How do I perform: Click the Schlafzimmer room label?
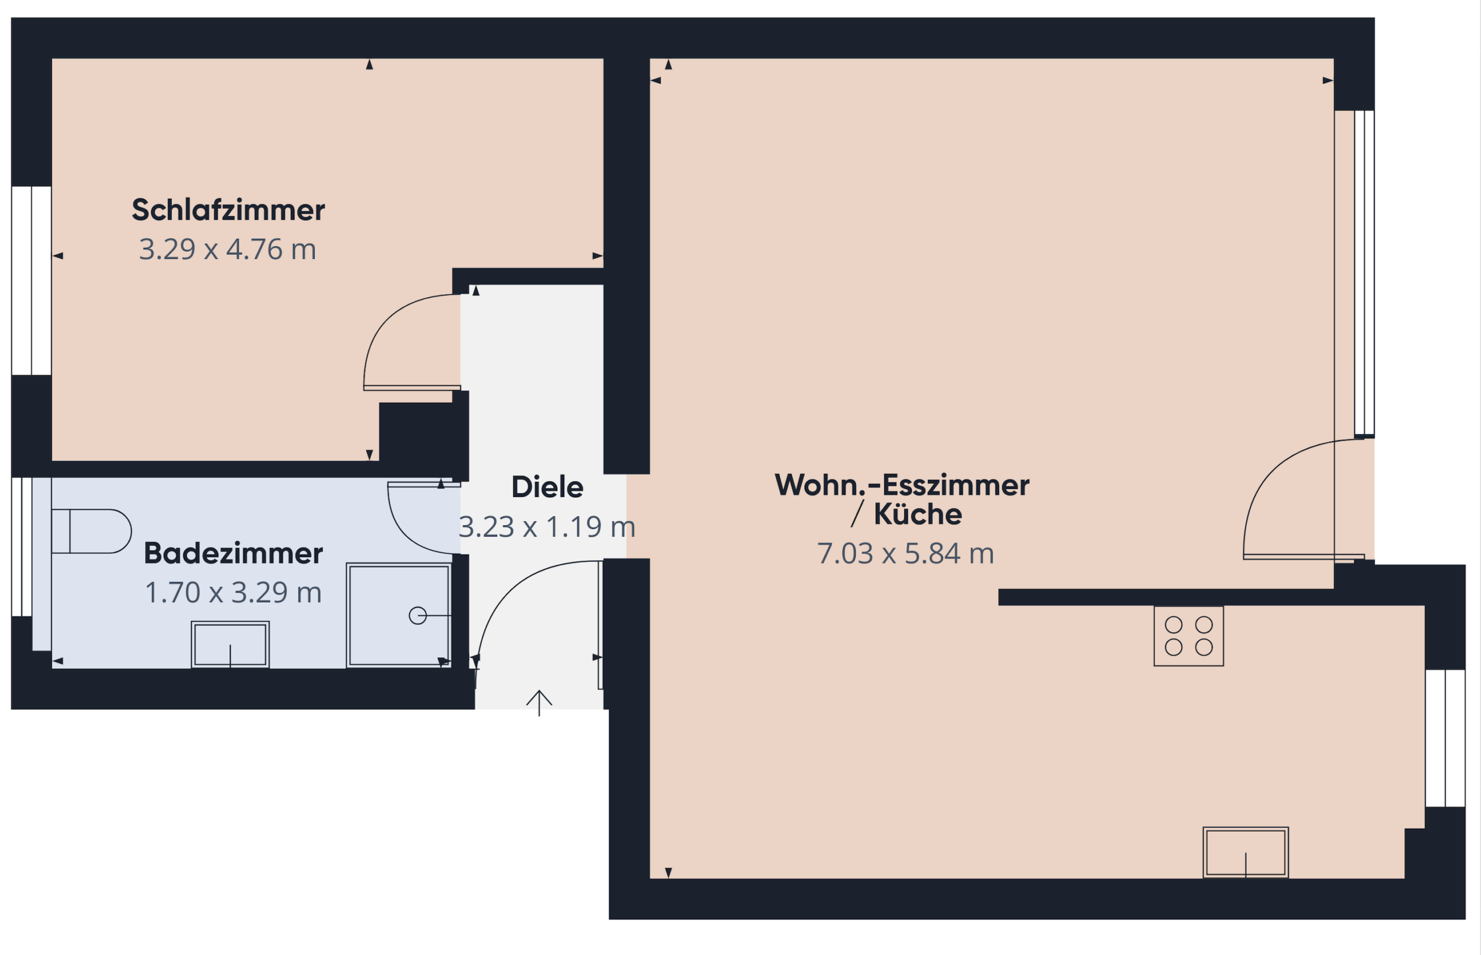click(228, 210)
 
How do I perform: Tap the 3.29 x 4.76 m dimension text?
click(228, 249)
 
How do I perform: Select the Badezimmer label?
click(233, 553)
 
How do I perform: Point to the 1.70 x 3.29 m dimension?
click(233, 592)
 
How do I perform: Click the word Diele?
click(547, 487)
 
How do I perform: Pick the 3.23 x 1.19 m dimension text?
click(547, 527)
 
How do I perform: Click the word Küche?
click(918, 514)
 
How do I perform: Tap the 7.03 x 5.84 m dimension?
click(905, 553)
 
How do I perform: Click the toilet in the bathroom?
click(91, 531)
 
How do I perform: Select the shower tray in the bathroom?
click(399, 615)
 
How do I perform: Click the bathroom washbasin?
click(230, 645)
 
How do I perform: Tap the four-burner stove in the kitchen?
click(1188, 636)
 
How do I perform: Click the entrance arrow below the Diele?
click(539, 702)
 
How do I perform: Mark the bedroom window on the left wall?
click(32, 280)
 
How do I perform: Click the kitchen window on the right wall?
click(1445, 738)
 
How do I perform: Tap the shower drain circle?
click(418, 615)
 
